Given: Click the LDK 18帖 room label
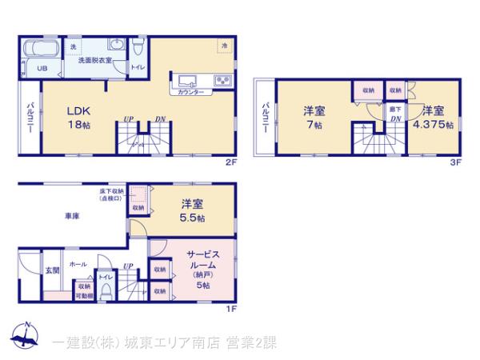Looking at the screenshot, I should coord(78,118).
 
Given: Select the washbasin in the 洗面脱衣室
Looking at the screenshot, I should coord(116,46).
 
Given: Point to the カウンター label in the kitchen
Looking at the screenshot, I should coord(190,93).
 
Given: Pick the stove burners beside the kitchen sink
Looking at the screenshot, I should coord(221,79).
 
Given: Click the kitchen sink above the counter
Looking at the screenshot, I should coord(190,79).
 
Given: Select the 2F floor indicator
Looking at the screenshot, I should coord(231,162).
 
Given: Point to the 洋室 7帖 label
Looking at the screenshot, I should coord(313,118).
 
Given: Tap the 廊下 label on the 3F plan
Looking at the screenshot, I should coord(394,107).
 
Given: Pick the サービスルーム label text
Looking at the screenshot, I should coord(198,262).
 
